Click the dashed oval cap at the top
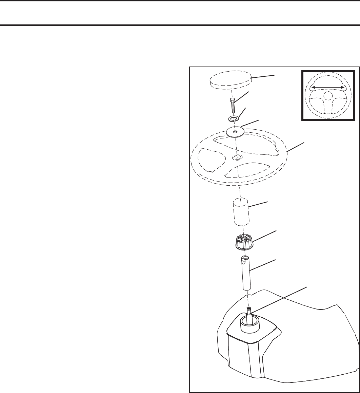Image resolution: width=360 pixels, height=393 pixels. point(230,82)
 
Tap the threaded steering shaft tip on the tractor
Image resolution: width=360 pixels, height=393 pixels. point(249,310)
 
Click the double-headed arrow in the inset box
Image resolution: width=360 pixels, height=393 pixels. point(328,88)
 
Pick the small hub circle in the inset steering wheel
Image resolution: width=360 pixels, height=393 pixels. point(328,96)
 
